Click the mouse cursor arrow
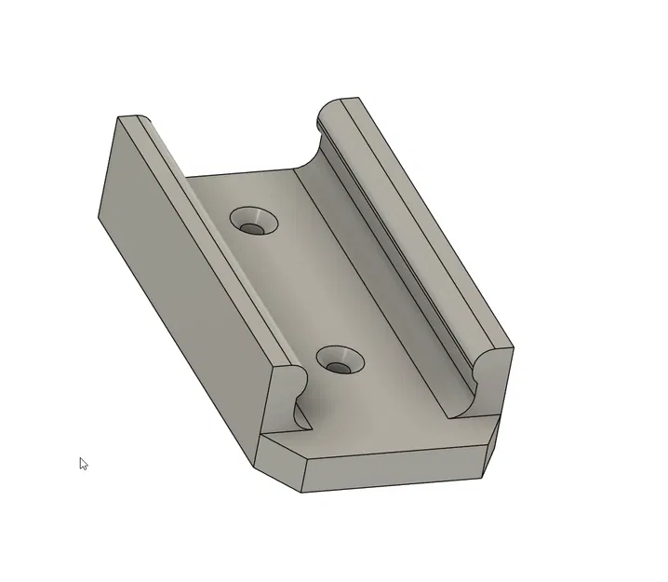click(83, 463)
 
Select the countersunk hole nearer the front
click(339, 360)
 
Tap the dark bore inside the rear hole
click(252, 227)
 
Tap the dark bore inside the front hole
click(341, 367)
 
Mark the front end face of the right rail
click(493, 382)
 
